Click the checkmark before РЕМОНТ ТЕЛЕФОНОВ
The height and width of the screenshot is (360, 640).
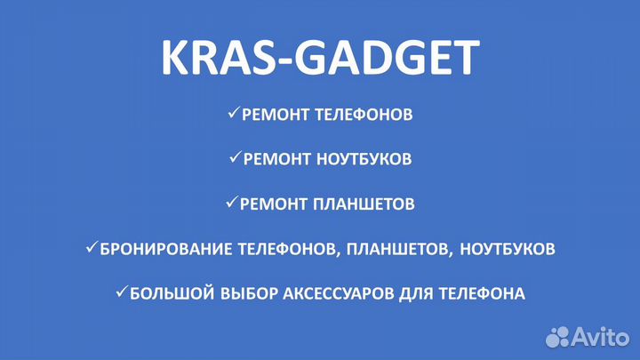point(233,114)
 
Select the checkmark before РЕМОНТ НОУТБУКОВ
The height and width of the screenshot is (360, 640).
point(235,158)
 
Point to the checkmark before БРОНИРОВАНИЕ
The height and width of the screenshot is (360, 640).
point(92,248)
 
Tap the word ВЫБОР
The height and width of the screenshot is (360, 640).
point(234,292)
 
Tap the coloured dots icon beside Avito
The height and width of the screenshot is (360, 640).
point(557,336)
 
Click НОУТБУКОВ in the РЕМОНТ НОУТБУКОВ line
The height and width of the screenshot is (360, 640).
point(361,159)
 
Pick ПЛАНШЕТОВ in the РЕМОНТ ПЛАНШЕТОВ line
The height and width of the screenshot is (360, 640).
point(364,204)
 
